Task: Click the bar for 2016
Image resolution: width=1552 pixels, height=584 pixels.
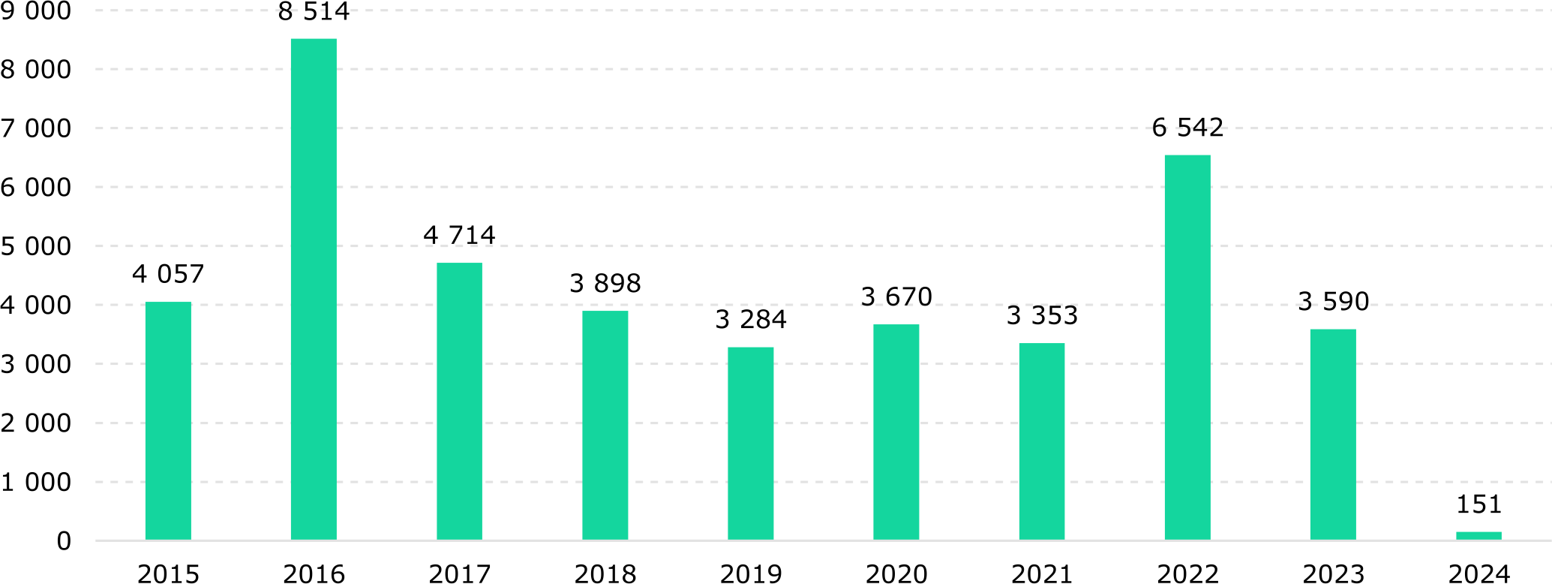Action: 314,289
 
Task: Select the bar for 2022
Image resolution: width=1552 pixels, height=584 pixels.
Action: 1187,348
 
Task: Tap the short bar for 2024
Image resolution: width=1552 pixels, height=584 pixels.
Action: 1478,535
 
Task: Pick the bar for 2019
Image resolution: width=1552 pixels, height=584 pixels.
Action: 750,443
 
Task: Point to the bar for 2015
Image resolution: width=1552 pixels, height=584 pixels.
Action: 168,420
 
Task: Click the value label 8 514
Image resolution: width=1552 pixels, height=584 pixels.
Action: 314,12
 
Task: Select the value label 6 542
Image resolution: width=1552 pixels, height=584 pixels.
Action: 1187,128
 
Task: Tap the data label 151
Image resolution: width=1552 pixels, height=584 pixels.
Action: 1478,504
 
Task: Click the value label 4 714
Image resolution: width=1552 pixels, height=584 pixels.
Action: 459,236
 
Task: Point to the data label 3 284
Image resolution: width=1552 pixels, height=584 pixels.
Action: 750,320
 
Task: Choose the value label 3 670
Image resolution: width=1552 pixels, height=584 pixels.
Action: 896,297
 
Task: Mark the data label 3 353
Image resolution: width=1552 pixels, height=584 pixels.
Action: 1042,316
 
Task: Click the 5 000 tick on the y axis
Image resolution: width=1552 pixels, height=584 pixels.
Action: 36,246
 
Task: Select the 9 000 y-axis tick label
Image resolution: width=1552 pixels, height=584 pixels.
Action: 36,11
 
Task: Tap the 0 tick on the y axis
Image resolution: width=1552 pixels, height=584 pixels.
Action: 64,540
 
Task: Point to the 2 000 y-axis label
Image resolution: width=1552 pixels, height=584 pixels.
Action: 36,423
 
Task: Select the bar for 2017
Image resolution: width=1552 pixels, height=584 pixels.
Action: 459,401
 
